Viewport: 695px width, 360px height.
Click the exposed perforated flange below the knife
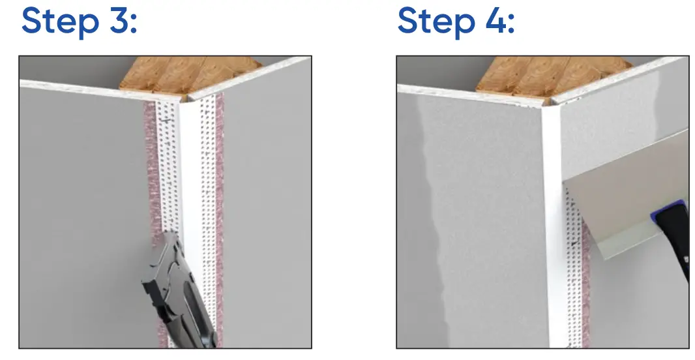point(573,287)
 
